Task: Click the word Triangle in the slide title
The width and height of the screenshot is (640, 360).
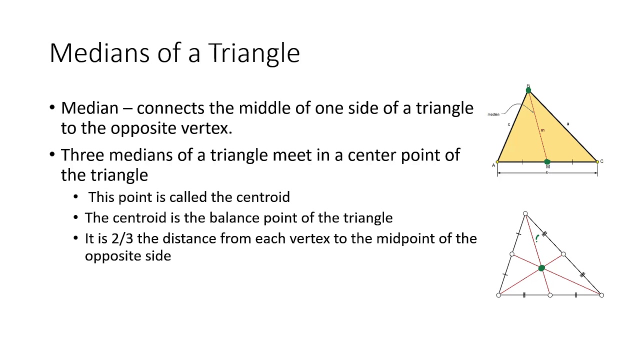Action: (x=254, y=53)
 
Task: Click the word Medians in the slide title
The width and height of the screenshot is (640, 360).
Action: (x=99, y=53)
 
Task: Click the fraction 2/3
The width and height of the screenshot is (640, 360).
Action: (x=122, y=238)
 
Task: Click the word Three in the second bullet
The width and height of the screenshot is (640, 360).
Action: (x=82, y=155)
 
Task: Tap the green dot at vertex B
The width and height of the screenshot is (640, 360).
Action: (x=528, y=90)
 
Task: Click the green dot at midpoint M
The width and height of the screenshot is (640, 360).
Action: (x=547, y=161)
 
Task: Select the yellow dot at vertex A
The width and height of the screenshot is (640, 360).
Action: (x=497, y=162)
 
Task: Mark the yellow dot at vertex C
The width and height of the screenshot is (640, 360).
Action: (x=597, y=162)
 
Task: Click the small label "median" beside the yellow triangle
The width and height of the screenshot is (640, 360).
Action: (x=493, y=114)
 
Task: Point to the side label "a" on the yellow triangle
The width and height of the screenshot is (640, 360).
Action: (x=568, y=123)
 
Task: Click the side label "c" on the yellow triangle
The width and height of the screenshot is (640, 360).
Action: (x=509, y=124)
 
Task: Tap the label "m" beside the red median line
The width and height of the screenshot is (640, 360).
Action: (x=542, y=130)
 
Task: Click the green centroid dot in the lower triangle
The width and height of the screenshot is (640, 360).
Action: (x=541, y=268)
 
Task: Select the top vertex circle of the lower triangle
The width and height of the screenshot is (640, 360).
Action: (x=525, y=213)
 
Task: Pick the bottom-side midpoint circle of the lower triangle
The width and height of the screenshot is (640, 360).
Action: (x=550, y=295)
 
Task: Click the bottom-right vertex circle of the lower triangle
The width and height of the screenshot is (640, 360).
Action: (x=601, y=295)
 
